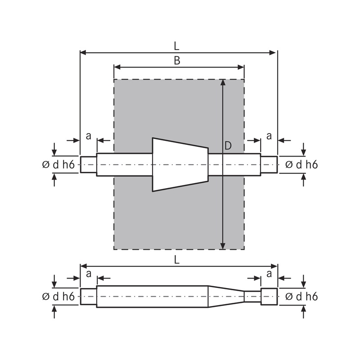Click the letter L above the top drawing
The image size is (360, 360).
click(177, 46)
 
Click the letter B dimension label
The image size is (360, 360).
click(177, 61)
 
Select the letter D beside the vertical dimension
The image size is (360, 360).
click(228, 145)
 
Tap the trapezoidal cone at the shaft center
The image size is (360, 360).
click(180, 164)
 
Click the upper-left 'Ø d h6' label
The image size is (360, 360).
click(58, 165)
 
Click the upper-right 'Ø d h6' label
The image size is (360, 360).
click(301, 165)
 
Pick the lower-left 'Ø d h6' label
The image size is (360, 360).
click(58, 297)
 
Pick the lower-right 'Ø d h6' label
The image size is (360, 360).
click(301, 297)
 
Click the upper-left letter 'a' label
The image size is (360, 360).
click(88, 135)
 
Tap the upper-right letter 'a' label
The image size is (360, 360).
click(269, 135)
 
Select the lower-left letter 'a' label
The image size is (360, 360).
click(88, 274)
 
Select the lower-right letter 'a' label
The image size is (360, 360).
click(269, 274)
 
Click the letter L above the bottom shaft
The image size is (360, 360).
click(177, 259)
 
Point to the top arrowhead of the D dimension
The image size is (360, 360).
click(223, 83)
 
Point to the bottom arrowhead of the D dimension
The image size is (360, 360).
click(223, 246)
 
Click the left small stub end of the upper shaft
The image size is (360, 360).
click(88, 165)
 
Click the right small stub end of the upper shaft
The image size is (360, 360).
click(269, 165)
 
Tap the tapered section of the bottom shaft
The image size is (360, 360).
click(226, 296)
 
